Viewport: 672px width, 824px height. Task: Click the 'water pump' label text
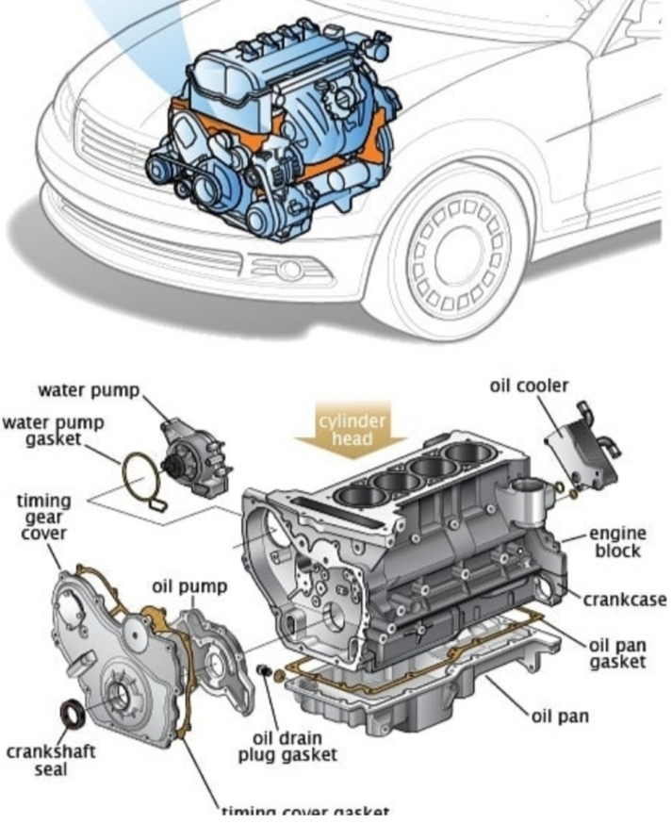pyautogui.click(x=89, y=390)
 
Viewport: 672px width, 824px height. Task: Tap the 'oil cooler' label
pyautogui.click(x=529, y=386)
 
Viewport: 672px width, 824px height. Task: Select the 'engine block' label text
pyautogui.click(x=617, y=542)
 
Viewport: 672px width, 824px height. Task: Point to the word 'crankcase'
pyautogui.click(x=623, y=600)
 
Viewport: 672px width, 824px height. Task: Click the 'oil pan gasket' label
pyautogui.click(x=617, y=653)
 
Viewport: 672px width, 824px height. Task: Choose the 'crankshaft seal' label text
pyautogui.click(x=51, y=761)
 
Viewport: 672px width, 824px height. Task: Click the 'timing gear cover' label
pyautogui.click(x=43, y=517)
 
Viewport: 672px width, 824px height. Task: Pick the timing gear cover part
pyautogui.click(x=118, y=655)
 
